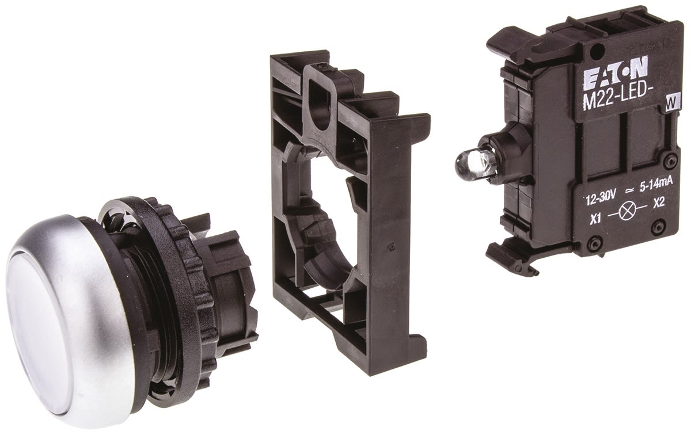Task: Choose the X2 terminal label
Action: tap(658, 204)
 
